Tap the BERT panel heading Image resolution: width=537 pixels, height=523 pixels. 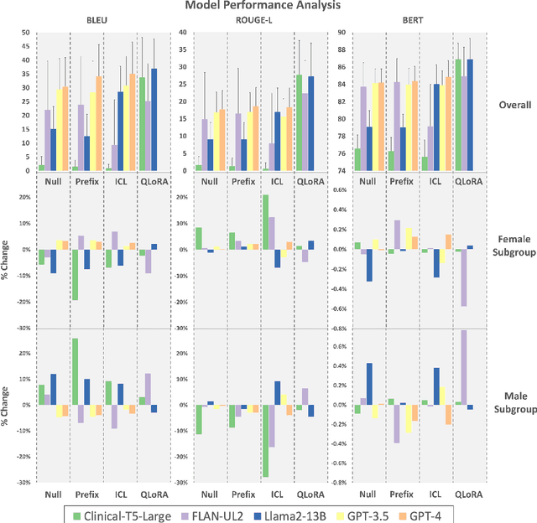[416, 20]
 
